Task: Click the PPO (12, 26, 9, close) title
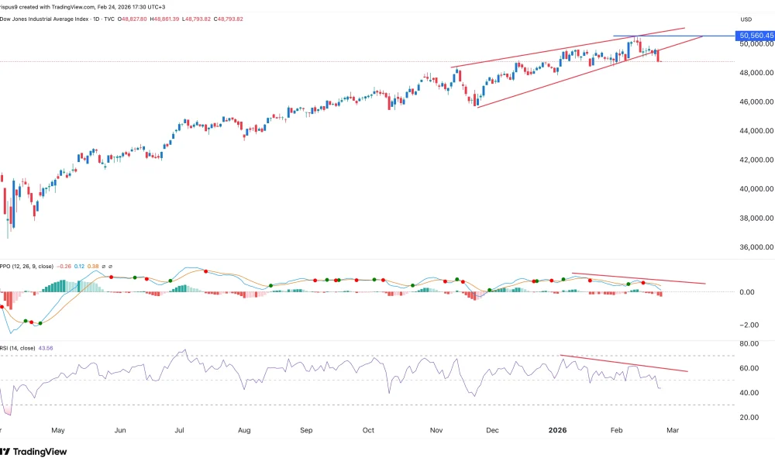click(x=27, y=266)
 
